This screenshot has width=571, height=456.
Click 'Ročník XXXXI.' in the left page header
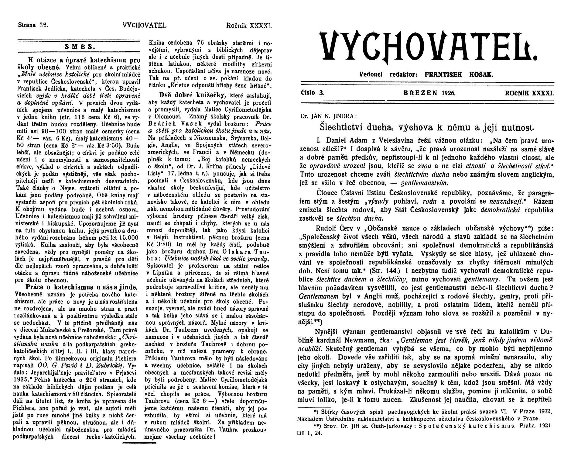pyautogui.click(x=249, y=25)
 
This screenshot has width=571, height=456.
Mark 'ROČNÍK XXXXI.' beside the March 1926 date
pyautogui.click(x=529, y=93)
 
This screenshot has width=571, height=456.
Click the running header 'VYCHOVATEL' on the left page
pyautogui.click(x=145, y=25)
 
